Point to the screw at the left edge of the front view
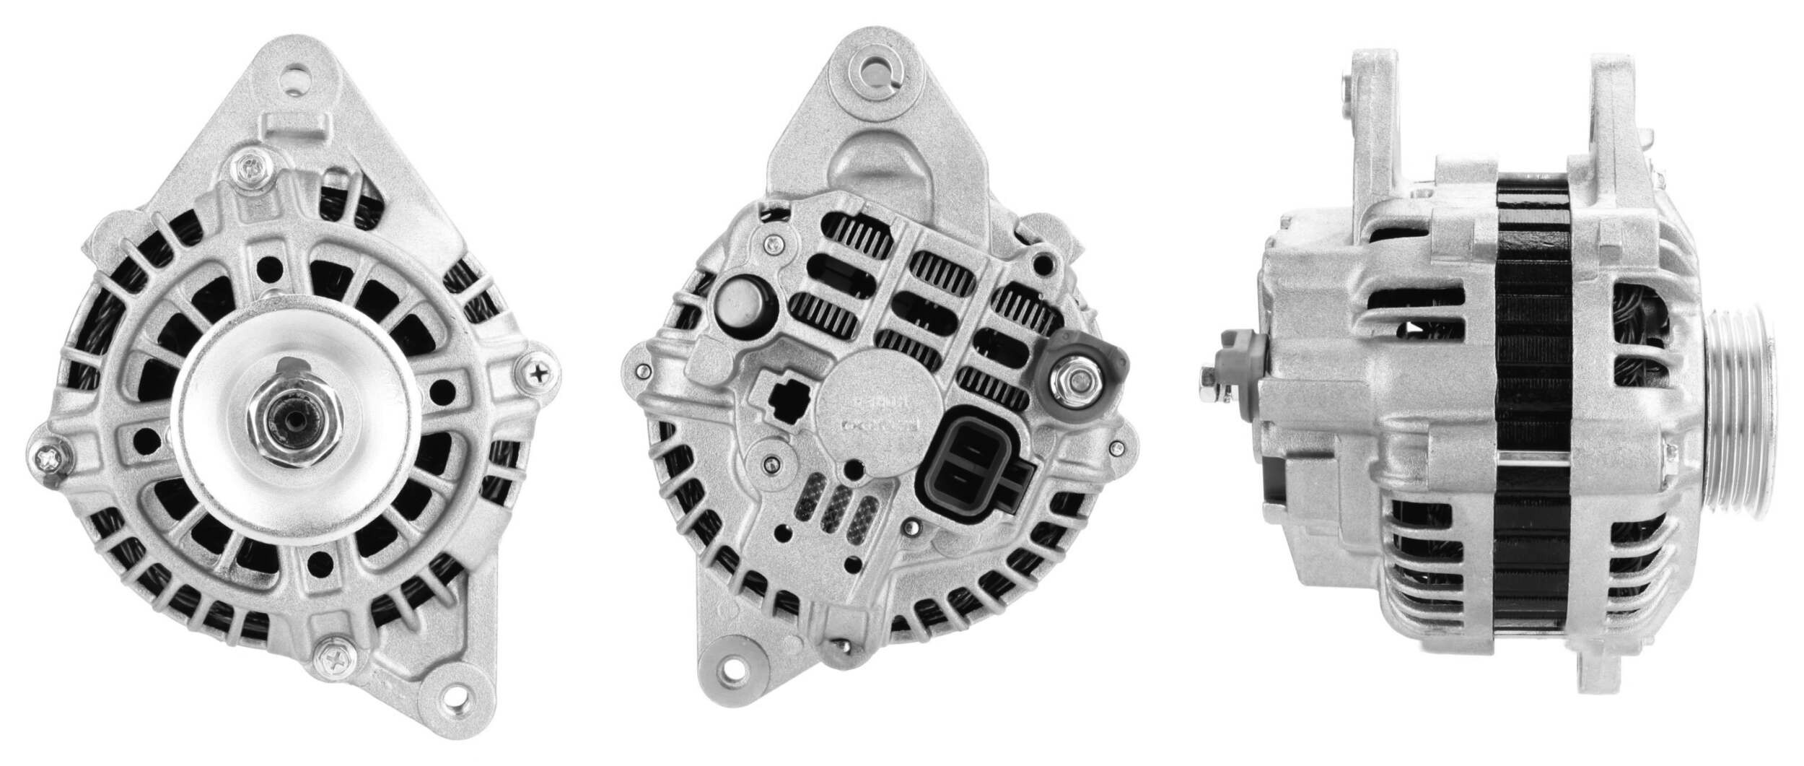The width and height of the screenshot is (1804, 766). (x=47, y=455)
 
